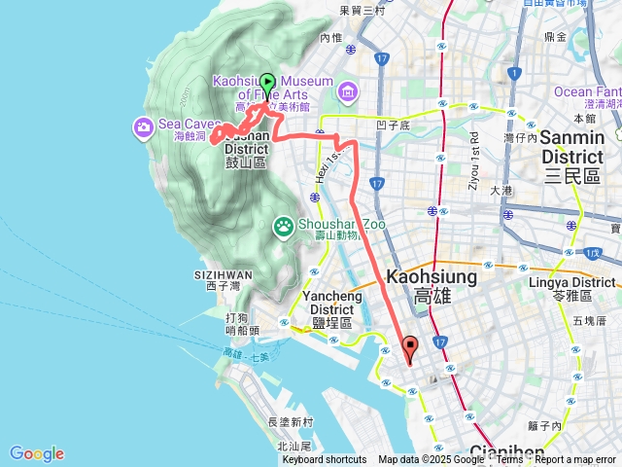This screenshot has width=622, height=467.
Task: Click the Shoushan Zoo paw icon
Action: tap(283, 226)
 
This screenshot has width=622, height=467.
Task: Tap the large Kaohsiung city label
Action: tap(432, 276)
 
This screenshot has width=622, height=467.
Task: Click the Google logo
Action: tap(37, 453)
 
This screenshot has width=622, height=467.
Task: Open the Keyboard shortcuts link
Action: tap(325, 460)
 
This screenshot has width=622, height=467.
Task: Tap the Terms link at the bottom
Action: tap(510, 460)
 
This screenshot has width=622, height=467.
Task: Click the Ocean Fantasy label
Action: tap(586, 91)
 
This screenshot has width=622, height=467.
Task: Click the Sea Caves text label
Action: tap(183, 125)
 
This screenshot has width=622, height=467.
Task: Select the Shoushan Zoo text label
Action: tap(328, 224)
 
